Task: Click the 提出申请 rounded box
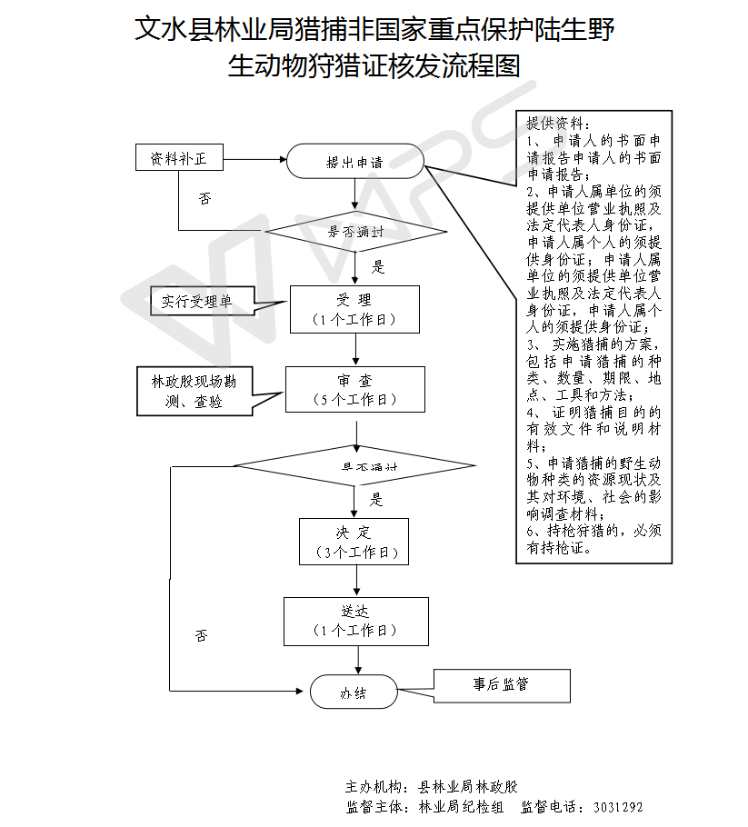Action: (355, 162)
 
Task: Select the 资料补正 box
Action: (179, 158)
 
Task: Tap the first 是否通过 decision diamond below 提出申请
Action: (355, 232)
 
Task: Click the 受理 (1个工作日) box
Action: (354, 309)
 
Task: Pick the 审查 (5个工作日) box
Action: (354, 389)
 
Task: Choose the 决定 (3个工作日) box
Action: (354, 542)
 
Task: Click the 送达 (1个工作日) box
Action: (355, 621)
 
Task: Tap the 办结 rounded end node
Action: (354, 692)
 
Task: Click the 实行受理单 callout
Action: (196, 301)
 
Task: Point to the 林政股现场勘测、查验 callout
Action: (194, 391)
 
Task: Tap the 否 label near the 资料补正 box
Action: (205, 197)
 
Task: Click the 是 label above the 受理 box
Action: (379, 267)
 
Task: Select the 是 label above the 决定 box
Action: (377, 499)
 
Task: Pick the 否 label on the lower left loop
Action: (202, 635)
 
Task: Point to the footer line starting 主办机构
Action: (432, 786)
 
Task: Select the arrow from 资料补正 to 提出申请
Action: (254, 160)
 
